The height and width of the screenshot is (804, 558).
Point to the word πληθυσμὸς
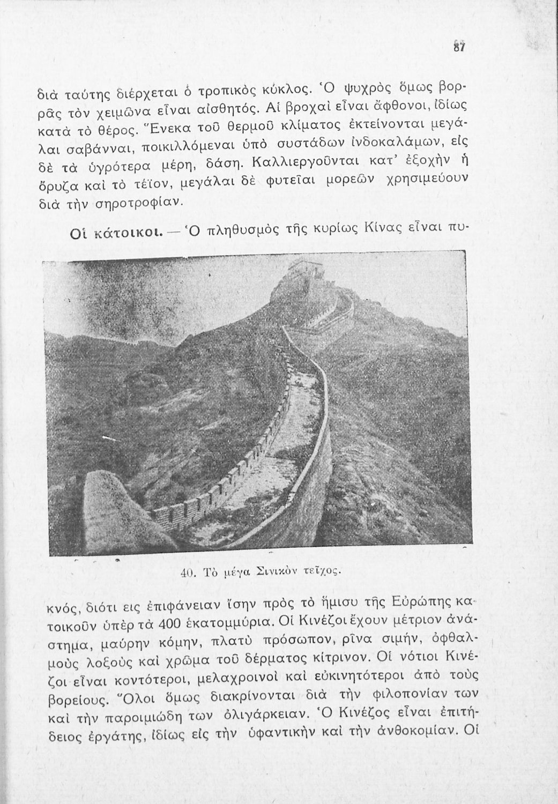pyautogui.click(x=233, y=229)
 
